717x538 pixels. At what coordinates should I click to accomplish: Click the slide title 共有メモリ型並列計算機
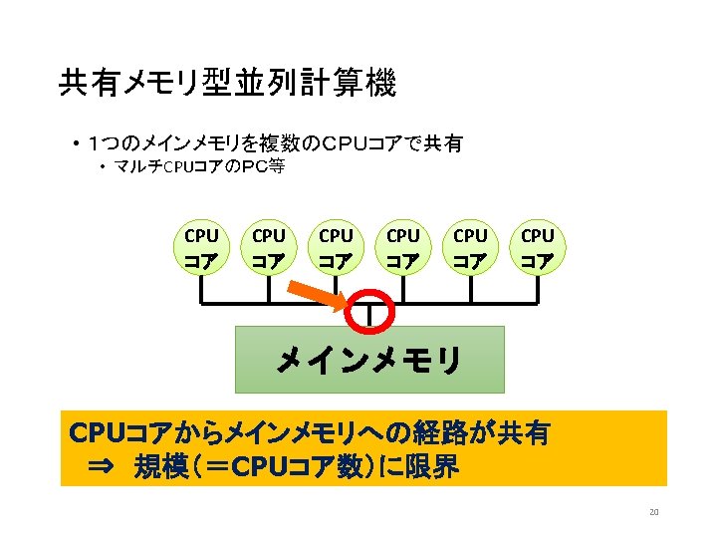tap(227, 84)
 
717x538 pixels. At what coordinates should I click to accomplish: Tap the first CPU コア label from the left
tap(201, 248)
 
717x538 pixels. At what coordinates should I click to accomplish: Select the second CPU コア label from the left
tap(268, 248)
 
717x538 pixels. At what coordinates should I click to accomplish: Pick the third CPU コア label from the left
tap(336, 248)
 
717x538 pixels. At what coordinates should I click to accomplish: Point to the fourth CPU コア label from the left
tap(402, 248)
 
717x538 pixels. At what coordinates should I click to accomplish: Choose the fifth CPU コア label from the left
tap(470, 248)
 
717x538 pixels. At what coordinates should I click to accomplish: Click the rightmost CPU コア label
tap(537, 248)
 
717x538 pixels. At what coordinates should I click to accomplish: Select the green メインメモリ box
tap(368, 360)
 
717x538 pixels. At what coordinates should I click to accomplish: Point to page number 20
tap(653, 513)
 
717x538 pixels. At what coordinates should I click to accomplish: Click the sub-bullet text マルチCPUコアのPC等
tap(199, 167)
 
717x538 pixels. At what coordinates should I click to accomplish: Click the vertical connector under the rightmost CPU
tap(537, 288)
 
